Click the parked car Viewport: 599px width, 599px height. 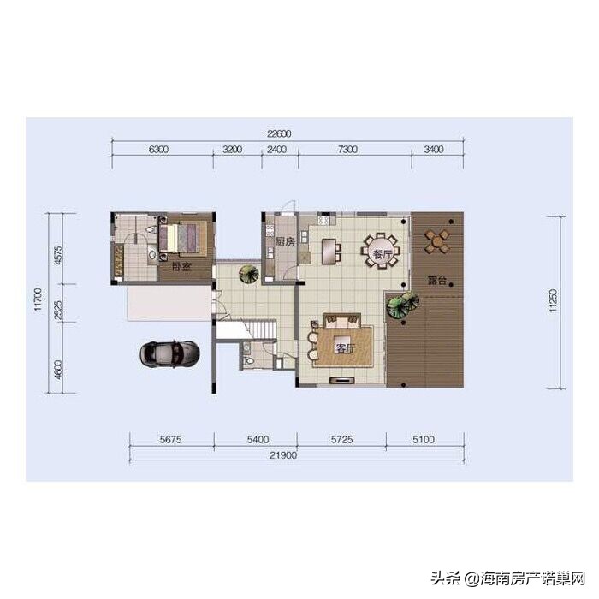point(169,353)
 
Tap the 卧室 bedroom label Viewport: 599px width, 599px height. point(181,267)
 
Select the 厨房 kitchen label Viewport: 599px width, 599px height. point(285,242)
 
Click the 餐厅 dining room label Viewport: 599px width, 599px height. point(382,255)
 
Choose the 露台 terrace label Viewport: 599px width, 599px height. point(437,281)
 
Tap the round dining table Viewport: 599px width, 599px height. point(381,251)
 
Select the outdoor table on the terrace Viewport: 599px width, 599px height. point(436,241)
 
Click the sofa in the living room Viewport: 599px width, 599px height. point(342,321)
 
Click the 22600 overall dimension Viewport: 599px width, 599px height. point(279,134)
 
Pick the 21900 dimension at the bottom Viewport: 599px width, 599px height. point(282,455)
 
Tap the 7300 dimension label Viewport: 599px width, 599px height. point(347,149)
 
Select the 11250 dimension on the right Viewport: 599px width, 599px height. point(554,300)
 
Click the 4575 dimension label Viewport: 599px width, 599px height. point(58,255)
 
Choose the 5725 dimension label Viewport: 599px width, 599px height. point(341,439)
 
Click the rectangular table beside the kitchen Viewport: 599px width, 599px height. point(329,251)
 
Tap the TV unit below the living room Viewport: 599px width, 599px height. point(342,380)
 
